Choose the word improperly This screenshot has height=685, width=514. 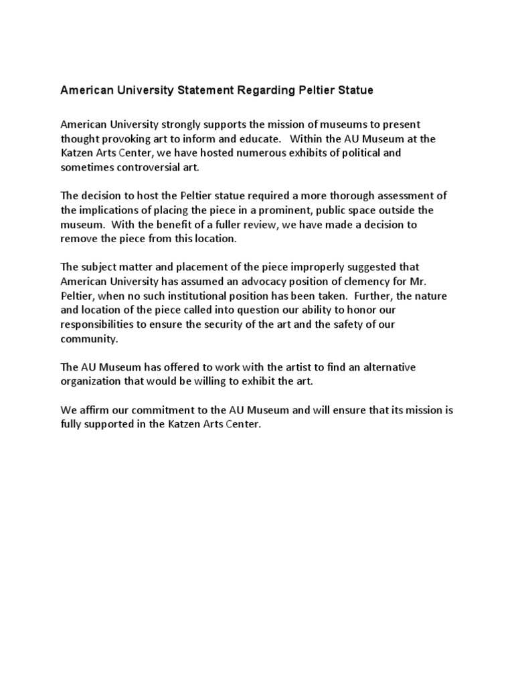pos(317,267)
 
